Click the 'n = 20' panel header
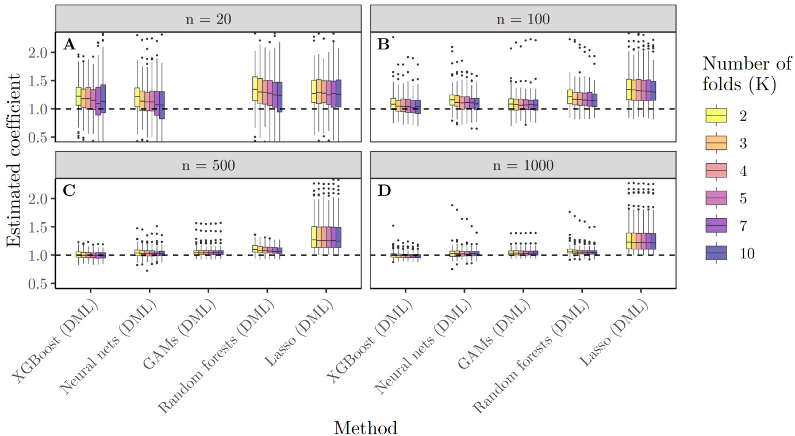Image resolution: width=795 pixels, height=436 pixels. tap(208, 19)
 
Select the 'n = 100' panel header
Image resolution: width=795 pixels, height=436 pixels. tap(523, 19)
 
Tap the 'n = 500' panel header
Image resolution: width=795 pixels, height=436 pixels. tap(208, 165)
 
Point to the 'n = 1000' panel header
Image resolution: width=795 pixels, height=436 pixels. tap(523, 165)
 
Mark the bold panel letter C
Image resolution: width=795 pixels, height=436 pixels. tap(69, 191)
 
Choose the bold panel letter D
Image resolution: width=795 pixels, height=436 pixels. tap(383, 191)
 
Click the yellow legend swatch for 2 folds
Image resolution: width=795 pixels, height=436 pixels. tap(716, 115)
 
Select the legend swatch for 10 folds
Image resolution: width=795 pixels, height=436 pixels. tap(716, 253)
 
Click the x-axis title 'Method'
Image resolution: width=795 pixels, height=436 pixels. tap(366, 427)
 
